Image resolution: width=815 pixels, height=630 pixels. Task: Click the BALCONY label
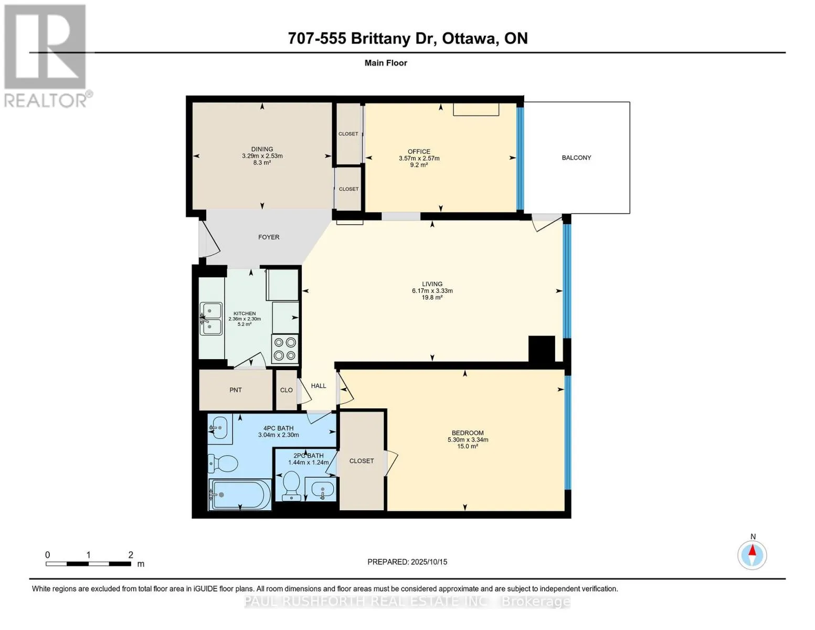[576, 157]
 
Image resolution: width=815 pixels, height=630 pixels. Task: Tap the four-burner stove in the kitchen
[285, 349]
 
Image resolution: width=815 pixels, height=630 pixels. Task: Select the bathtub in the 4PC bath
[240, 494]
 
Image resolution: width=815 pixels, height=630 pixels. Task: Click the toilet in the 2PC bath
[291, 486]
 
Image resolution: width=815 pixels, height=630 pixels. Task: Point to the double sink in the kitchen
[211, 319]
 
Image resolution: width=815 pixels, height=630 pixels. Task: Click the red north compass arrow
[752, 550]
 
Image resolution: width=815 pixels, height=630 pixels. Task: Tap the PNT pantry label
[236, 390]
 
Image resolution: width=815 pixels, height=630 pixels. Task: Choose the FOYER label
[269, 237]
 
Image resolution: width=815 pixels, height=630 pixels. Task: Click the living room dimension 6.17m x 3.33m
[432, 291]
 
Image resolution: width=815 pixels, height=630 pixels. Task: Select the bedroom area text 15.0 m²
[467, 446]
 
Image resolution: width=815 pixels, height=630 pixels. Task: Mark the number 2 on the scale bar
[131, 554]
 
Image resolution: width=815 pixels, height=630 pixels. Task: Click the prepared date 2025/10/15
[429, 562]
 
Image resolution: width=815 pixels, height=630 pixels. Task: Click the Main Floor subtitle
[386, 63]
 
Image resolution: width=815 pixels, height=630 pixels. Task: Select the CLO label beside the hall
[286, 390]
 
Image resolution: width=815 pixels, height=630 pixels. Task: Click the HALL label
[319, 386]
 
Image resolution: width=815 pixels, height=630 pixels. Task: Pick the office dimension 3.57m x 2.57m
[419, 159]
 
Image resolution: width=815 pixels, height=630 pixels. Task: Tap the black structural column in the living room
[542, 349]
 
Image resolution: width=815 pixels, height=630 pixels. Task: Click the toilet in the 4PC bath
[223, 464]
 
